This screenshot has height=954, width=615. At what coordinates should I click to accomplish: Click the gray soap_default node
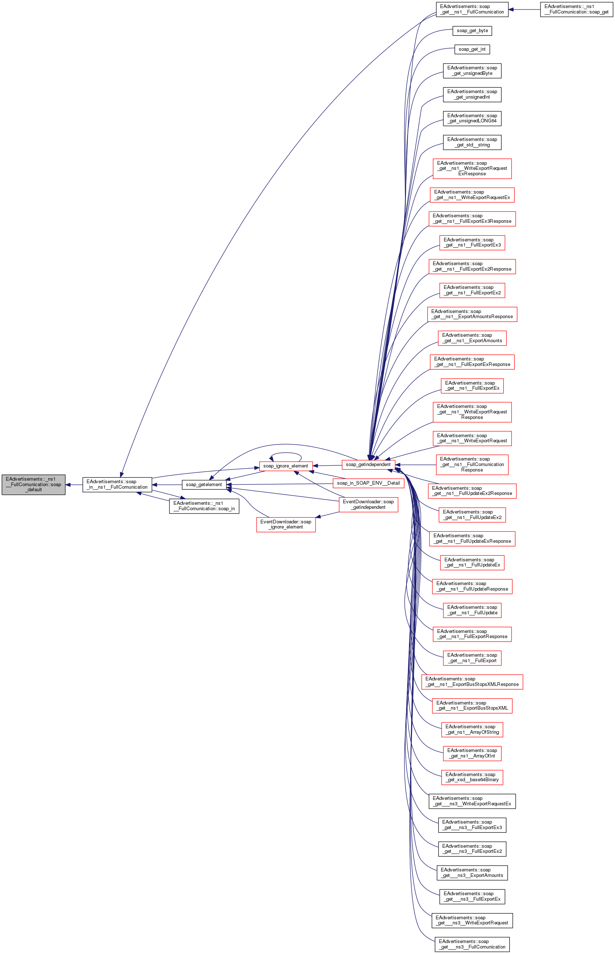coord(34,484)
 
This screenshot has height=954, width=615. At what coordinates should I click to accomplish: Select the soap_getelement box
coord(204,484)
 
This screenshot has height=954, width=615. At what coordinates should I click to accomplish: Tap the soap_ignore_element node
coord(286,466)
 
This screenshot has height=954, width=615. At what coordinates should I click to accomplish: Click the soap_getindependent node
coord(368,465)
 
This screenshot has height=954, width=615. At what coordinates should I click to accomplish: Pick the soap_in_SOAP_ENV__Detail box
coord(368,483)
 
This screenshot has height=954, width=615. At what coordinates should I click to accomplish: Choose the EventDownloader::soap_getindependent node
coord(368,504)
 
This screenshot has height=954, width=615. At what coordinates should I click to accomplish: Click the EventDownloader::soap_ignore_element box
coord(286,524)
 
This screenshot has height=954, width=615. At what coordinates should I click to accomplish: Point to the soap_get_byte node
coord(472,31)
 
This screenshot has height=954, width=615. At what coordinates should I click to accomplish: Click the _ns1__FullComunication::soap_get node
coord(576,9)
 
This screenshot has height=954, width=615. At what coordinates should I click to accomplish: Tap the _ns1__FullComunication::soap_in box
coord(204,506)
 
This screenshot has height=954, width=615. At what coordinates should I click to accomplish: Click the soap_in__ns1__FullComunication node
coord(117,484)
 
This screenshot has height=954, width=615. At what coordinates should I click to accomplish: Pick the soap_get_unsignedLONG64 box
coord(472,118)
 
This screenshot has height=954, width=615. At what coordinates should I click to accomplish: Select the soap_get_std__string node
coord(472,142)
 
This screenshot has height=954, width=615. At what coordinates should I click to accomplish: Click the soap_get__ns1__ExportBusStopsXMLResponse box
coord(472,682)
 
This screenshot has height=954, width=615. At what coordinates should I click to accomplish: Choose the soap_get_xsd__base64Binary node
coord(472,777)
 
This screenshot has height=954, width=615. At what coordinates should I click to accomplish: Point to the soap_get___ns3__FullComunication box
coord(472,944)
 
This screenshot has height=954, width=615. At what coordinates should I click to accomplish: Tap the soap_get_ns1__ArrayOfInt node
coord(472,753)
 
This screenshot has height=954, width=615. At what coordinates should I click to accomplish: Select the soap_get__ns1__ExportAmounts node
coord(472,338)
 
